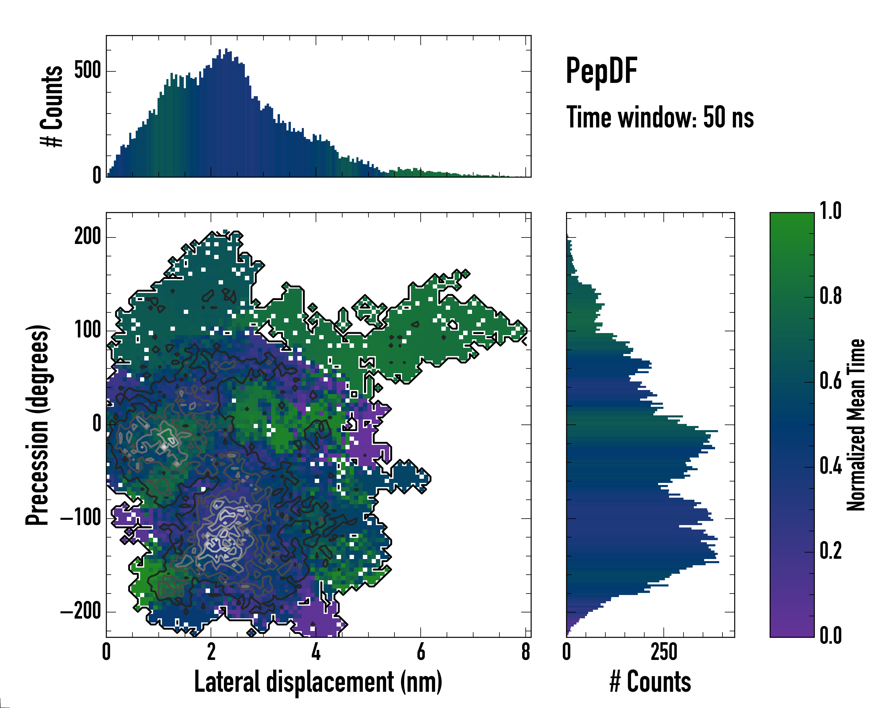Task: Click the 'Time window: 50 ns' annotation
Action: coord(660,117)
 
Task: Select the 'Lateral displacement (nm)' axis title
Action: coord(318,682)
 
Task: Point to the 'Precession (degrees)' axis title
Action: coord(37,425)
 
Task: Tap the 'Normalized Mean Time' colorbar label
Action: coord(856,425)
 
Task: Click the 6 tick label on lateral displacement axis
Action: coord(421,652)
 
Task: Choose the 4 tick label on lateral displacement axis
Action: coord(316,652)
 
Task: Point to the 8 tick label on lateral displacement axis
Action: coord(526,652)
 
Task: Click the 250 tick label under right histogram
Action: coord(664,652)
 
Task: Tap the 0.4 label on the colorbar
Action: coord(830,466)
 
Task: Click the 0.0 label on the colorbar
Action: coord(830,635)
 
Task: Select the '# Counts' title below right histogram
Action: coord(650,682)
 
